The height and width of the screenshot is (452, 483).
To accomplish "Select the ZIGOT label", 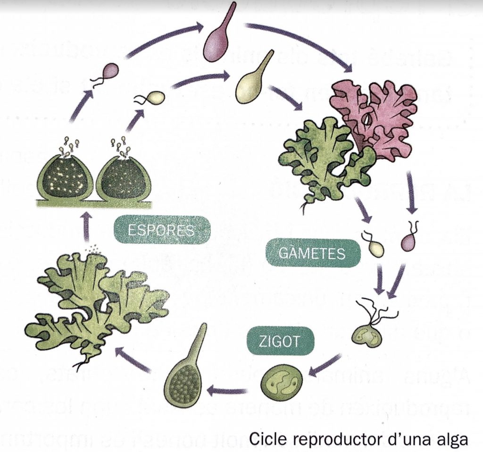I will coord(279,341).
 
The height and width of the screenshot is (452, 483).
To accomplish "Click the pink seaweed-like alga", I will coord(375,113).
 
